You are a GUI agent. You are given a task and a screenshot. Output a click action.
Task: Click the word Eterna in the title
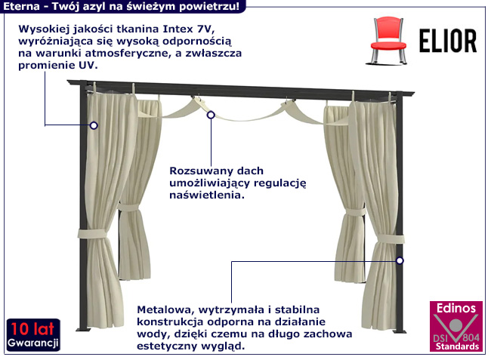click(x=20, y=6)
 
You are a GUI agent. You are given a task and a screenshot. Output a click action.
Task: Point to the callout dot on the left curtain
click(x=94, y=125)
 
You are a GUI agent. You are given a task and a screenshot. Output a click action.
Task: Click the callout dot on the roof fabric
click(x=211, y=115)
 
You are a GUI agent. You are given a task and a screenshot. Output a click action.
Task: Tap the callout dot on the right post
click(x=400, y=260)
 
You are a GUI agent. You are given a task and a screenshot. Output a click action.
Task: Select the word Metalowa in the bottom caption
click(x=164, y=309)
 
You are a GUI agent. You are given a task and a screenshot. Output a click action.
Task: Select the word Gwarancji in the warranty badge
click(x=32, y=344)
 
